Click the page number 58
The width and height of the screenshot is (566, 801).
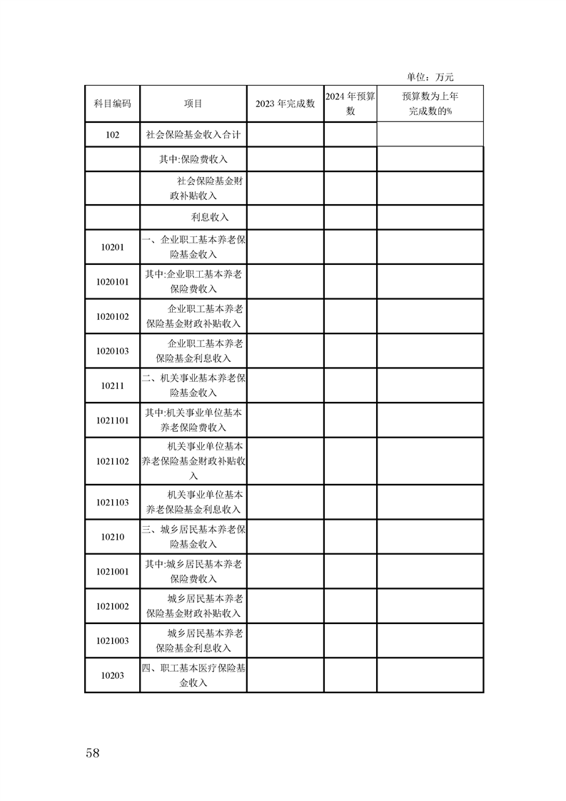coord(92,753)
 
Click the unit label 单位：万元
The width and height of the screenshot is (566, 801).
coord(430,77)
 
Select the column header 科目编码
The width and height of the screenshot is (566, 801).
coord(112,104)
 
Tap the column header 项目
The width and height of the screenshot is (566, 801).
coord(193,104)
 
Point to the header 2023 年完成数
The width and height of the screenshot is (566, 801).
coord(285,104)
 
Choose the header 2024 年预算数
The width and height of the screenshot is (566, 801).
coord(350,104)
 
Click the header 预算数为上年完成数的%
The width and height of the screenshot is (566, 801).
coord(430,104)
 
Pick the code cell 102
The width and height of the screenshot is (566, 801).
coord(112,134)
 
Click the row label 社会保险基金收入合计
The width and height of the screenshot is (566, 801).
coord(193,134)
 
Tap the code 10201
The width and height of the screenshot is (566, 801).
coord(112,247)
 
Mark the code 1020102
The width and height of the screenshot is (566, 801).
coord(112,316)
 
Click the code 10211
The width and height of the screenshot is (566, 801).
coord(112,386)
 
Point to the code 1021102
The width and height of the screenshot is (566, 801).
coord(112,461)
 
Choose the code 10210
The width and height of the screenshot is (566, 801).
coord(112,537)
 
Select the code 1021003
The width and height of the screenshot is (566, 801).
coord(112,640)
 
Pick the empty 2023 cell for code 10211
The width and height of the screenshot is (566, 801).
coord(285,386)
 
